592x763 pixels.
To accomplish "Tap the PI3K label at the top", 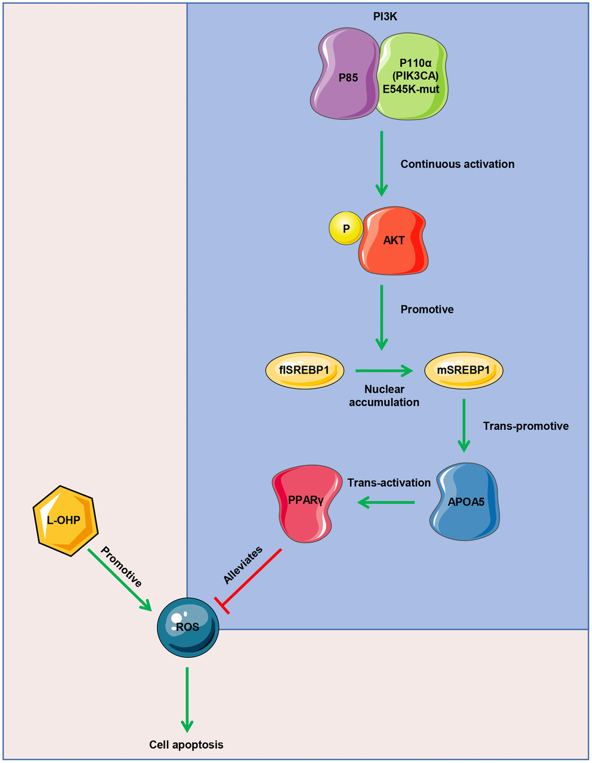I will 385,17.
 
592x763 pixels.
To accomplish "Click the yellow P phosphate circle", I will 346,228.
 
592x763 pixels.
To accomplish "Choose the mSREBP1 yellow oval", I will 464,370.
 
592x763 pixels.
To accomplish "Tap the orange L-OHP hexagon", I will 64,520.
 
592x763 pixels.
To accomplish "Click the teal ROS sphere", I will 188,627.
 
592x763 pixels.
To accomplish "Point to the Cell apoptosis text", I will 186,744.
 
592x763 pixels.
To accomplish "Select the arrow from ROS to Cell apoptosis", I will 187,699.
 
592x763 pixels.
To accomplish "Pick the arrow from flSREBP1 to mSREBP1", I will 384,370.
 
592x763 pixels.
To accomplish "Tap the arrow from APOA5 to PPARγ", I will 386,502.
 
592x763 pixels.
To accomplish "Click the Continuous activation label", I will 457,164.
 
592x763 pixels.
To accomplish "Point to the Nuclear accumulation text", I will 384,396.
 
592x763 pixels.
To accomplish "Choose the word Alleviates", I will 243,565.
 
